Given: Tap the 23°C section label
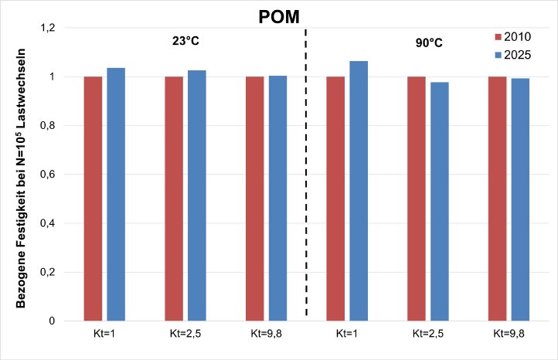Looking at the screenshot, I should coord(186,41).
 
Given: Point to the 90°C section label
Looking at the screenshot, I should coord(430,42).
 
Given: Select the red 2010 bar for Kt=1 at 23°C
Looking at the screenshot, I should coord(93,199).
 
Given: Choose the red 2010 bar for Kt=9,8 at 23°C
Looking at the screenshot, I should coord(255,199).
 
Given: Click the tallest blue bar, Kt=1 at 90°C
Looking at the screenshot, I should coord(359,191).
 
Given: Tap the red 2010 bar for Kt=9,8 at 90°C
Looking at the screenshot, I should coord(498,199).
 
